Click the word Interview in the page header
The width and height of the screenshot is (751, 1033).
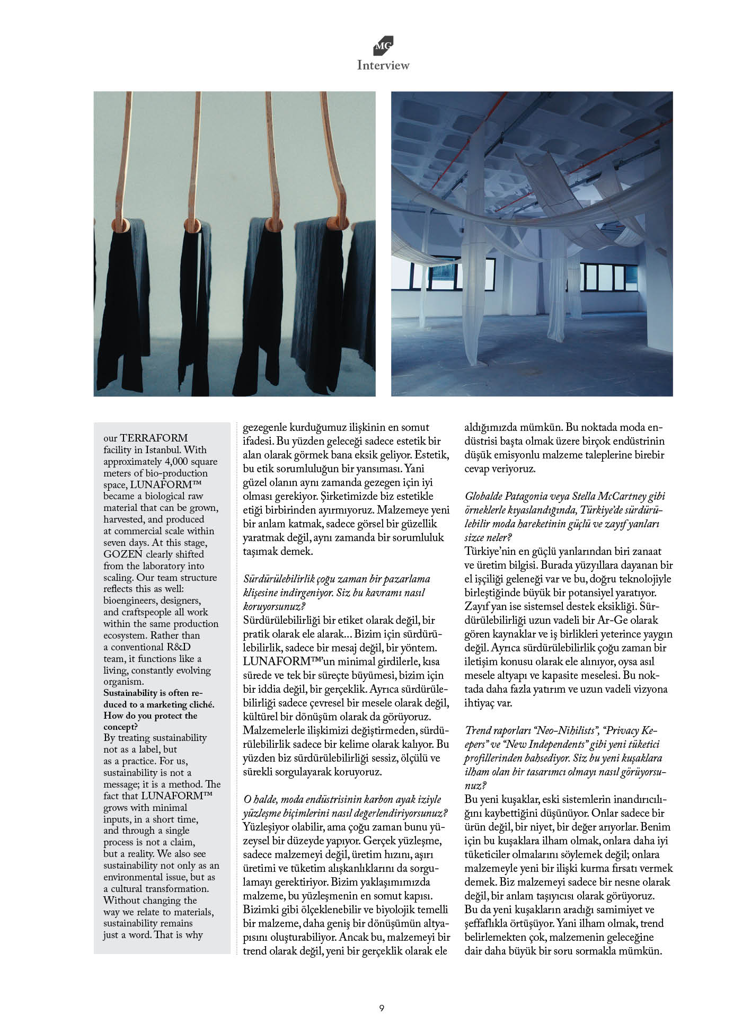coord(383,65)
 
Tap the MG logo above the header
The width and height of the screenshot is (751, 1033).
coord(383,46)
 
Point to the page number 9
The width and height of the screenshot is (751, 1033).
coord(382,1008)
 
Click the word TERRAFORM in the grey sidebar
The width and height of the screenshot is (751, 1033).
coord(154,438)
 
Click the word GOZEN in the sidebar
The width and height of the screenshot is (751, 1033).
coord(123,554)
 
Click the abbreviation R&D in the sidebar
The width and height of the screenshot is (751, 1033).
coord(175,647)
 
